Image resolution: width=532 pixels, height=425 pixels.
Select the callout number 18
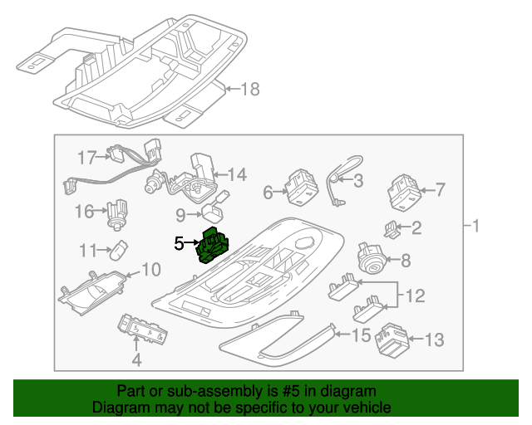[x=250, y=89]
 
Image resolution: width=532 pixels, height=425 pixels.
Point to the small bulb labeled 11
[x=121, y=248]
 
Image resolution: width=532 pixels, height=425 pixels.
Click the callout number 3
[x=357, y=180]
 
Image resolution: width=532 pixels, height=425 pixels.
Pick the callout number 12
[x=415, y=294]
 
